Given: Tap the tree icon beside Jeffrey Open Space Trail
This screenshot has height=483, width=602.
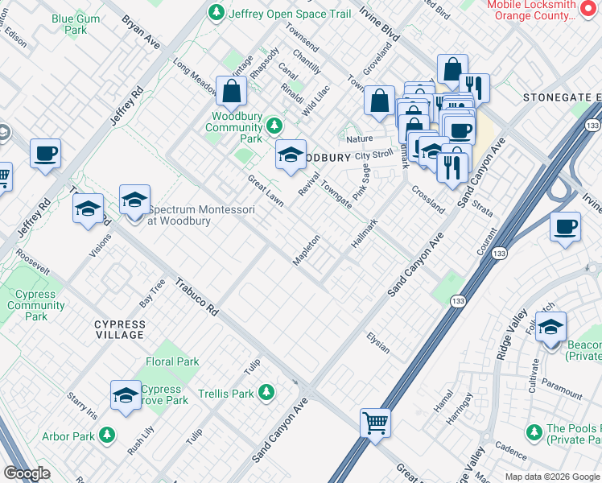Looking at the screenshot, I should pyautogui.click(x=215, y=13).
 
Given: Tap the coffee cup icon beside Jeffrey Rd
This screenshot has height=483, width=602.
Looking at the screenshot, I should pyautogui.click(x=46, y=153).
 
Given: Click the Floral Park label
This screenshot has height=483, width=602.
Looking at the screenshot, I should pyautogui.click(x=172, y=361).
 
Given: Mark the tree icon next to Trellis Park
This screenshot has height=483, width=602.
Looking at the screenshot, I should pyautogui.click(x=266, y=394).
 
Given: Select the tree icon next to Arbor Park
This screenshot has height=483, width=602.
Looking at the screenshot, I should pyautogui.click(x=107, y=436).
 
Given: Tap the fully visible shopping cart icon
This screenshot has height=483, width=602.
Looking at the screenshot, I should pyautogui.click(x=375, y=422).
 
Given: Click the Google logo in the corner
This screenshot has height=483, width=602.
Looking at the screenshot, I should pyautogui.click(x=27, y=473).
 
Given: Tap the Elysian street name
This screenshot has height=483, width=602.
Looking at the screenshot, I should pyautogui.click(x=377, y=342).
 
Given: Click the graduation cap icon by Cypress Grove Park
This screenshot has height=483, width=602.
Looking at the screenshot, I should pyautogui.click(x=126, y=395).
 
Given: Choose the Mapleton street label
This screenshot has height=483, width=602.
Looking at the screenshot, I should pyautogui.click(x=307, y=248).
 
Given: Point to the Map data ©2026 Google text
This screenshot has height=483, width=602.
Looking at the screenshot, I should pyautogui.click(x=551, y=477).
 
